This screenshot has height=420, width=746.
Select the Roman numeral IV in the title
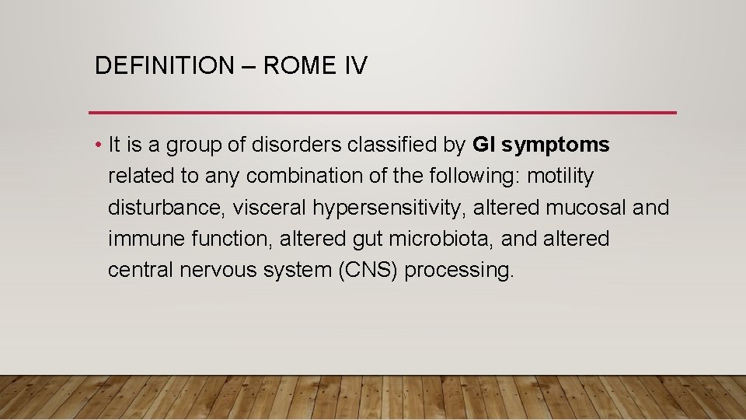(354, 65)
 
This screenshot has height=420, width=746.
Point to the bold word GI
(483, 145)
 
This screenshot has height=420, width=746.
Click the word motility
(560, 177)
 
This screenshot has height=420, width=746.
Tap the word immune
(146, 239)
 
